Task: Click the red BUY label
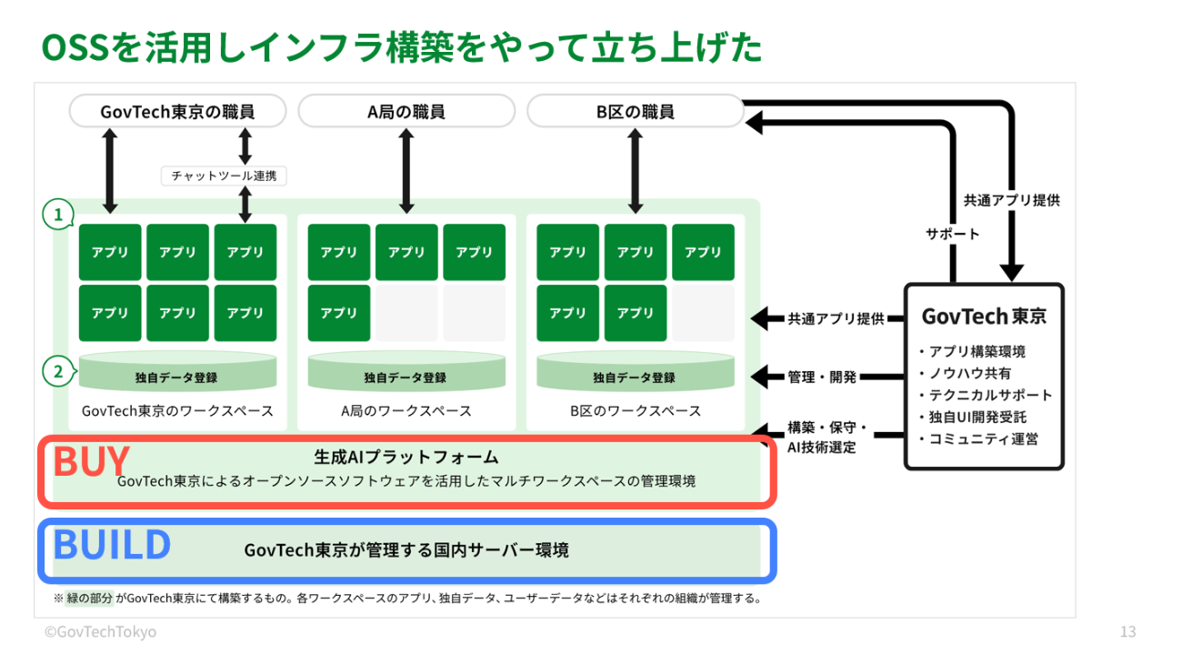91,461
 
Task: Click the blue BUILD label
112,544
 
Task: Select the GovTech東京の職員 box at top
177,112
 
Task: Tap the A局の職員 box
406,112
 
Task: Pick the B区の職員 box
636,112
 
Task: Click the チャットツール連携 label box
224,176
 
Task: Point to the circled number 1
58,215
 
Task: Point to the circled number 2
58,371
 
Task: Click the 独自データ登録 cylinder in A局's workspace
406,376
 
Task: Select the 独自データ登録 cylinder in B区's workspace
635,376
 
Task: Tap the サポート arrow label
953,234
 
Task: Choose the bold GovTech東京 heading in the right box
984,317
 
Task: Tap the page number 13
1128,631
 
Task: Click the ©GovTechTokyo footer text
100,631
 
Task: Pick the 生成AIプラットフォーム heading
406,457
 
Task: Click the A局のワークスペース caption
406,410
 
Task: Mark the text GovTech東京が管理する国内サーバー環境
406,549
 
